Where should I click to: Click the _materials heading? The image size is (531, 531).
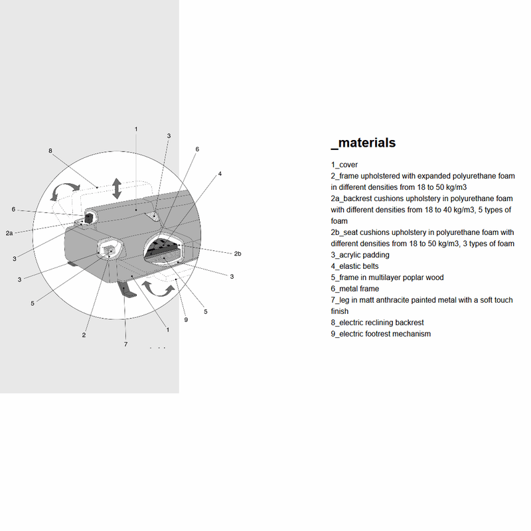click(x=363, y=143)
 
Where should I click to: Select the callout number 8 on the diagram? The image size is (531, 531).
click(x=50, y=151)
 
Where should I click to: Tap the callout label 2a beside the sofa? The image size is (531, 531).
click(x=9, y=233)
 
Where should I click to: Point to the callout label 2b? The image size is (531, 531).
click(x=237, y=254)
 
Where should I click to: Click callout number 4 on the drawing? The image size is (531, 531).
click(x=220, y=173)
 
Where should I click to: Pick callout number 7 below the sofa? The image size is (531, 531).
click(x=125, y=344)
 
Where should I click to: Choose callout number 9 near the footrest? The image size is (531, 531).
click(x=187, y=320)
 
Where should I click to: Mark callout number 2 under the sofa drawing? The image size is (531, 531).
click(x=84, y=335)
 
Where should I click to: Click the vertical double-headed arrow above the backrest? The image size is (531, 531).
click(x=117, y=188)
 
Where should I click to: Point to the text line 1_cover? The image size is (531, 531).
click(x=344, y=165)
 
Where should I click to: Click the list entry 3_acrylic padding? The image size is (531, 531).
click(x=360, y=255)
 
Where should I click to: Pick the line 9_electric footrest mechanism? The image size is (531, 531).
click(x=380, y=334)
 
